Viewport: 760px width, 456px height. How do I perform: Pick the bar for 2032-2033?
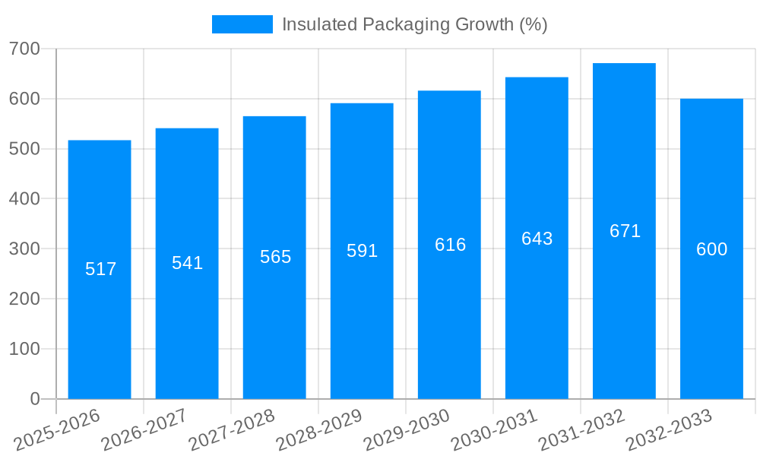[x=711, y=319]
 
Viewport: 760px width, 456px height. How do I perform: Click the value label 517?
[x=100, y=269]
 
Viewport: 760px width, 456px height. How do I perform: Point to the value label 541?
[x=187, y=263]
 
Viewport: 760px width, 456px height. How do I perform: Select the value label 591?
[x=362, y=251]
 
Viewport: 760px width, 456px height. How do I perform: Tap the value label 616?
[x=450, y=245]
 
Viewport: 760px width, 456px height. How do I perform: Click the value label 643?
[x=537, y=239]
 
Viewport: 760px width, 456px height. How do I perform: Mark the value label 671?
[x=625, y=231]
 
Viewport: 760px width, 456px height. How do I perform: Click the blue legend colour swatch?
[x=242, y=24]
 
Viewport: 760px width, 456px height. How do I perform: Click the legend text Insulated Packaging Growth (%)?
[x=414, y=24]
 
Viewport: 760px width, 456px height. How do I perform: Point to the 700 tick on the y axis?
[x=24, y=49]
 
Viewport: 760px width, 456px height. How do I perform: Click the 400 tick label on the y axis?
[x=24, y=199]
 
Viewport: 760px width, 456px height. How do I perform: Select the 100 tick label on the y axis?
[x=24, y=349]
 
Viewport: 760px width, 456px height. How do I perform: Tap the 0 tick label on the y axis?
[x=34, y=399]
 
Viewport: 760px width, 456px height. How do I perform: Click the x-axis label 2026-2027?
[x=144, y=429]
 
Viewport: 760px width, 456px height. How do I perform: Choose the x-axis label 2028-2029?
[x=319, y=429]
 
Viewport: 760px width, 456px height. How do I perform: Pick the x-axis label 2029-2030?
[x=407, y=429]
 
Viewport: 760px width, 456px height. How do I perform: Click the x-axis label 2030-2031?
[x=494, y=429]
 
